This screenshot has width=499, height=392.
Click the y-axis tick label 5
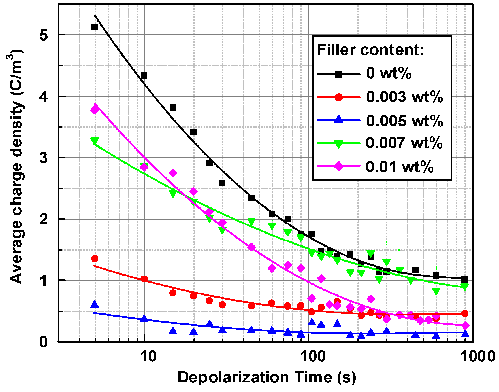44,35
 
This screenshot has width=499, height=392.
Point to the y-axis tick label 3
44,158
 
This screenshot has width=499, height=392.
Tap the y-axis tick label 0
44,342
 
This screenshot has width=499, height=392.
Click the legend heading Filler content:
370,50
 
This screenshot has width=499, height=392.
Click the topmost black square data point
95,27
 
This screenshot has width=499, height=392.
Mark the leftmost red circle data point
95,258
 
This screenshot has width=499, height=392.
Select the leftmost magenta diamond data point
95,110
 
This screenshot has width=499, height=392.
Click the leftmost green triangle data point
95,141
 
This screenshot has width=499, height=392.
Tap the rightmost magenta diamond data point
465,326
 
